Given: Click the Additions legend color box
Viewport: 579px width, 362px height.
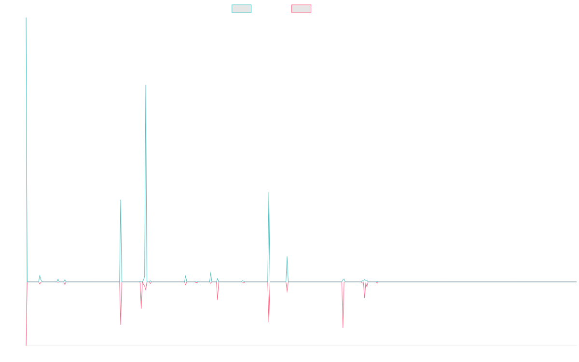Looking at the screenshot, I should pos(241,9).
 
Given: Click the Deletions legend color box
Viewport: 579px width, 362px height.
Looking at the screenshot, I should pos(301,9).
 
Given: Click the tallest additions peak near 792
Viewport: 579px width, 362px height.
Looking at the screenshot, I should pos(146,85).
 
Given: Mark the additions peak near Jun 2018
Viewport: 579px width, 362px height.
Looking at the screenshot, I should pos(121,200).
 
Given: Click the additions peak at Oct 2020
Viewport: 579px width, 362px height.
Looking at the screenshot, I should pos(269,192).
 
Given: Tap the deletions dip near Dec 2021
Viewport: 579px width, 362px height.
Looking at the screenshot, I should pos(343,328).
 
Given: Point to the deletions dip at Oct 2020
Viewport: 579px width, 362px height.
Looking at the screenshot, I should pos(269,322).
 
